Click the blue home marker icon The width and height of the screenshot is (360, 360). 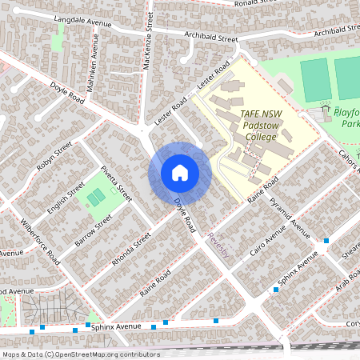180,173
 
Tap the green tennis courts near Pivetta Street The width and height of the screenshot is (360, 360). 96,196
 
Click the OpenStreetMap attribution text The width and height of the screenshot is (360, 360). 80,354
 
